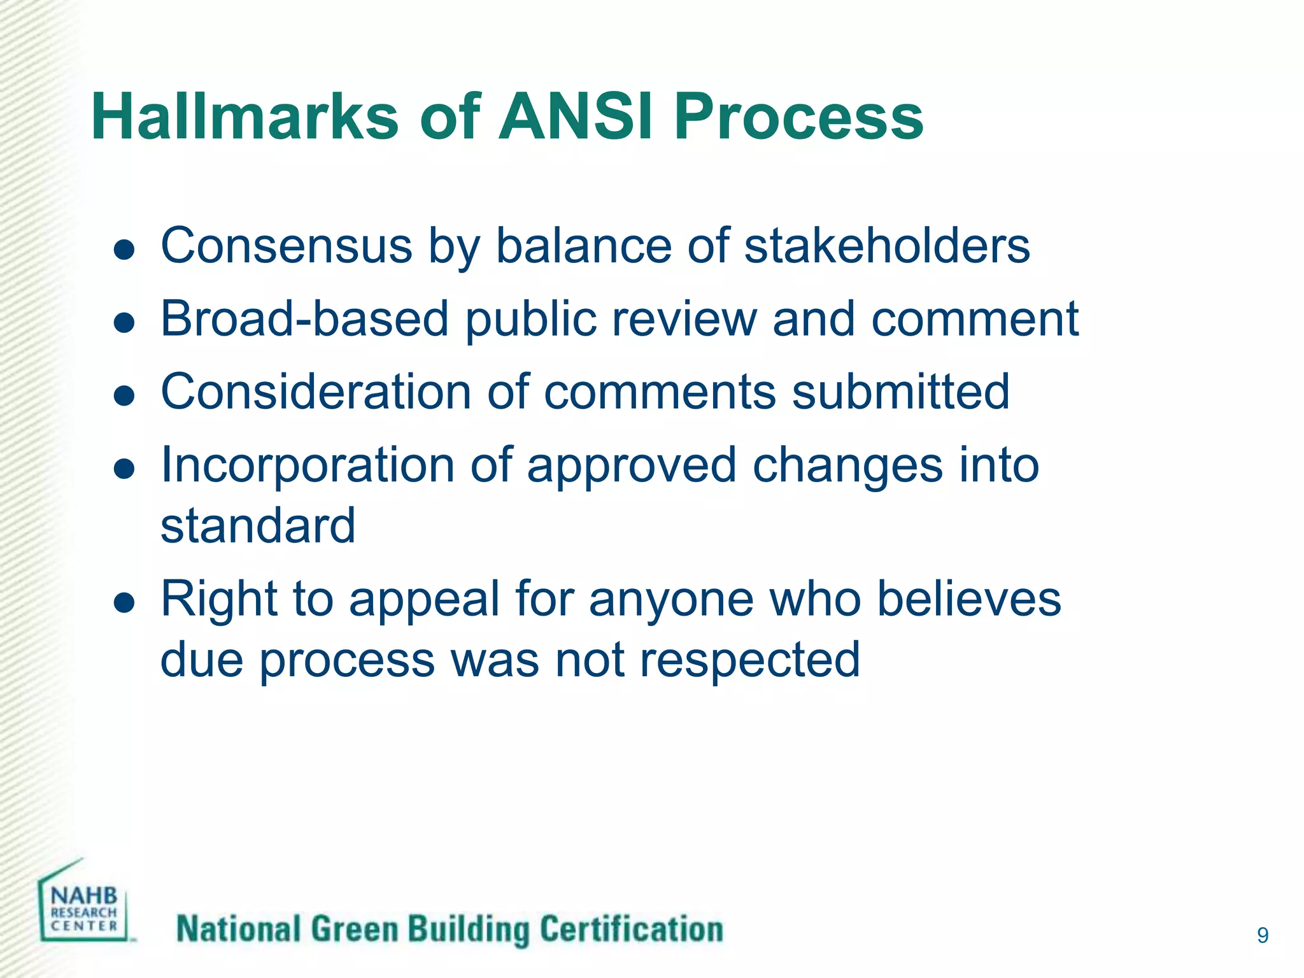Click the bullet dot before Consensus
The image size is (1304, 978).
tap(124, 250)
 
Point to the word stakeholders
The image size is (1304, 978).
tap(887, 246)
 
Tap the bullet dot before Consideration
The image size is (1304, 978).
tap(124, 395)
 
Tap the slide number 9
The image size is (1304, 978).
tap(1263, 935)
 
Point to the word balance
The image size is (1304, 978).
tap(583, 246)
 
